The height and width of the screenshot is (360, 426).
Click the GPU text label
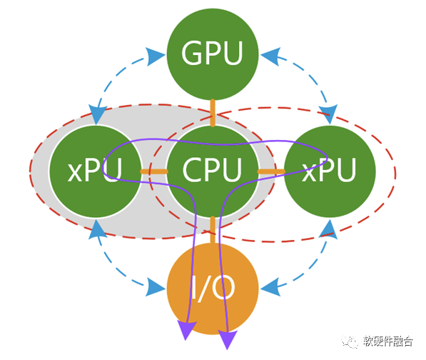pos(212,53)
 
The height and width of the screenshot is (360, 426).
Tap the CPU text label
pos(212,170)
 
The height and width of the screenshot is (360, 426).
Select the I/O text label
pos(213,288)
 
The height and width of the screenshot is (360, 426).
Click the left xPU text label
pos(94,170)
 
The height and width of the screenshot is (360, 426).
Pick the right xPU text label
pos(329,170)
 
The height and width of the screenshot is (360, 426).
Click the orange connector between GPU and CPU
pos(213,113)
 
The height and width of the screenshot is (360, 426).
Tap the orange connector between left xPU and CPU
pos(154,171)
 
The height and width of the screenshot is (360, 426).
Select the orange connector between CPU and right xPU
pos(271,171)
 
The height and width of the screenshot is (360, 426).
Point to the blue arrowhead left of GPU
pos(156,56)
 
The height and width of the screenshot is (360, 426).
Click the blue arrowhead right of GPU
pos(270,56)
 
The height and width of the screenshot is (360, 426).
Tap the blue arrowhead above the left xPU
pos(96,115)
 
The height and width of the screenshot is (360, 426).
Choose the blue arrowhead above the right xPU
pos(329,114)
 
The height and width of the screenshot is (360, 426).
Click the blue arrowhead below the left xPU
pos(97,230)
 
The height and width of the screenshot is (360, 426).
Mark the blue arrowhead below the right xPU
pos(329,230)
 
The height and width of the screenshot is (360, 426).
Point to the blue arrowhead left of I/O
pos(156,287)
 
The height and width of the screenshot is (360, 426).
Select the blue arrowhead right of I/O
pos(270,287)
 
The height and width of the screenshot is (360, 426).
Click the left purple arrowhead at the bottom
pos(186,330)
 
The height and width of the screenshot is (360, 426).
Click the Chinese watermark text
pos(388,341)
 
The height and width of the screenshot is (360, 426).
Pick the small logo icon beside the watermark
pos(350,341)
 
